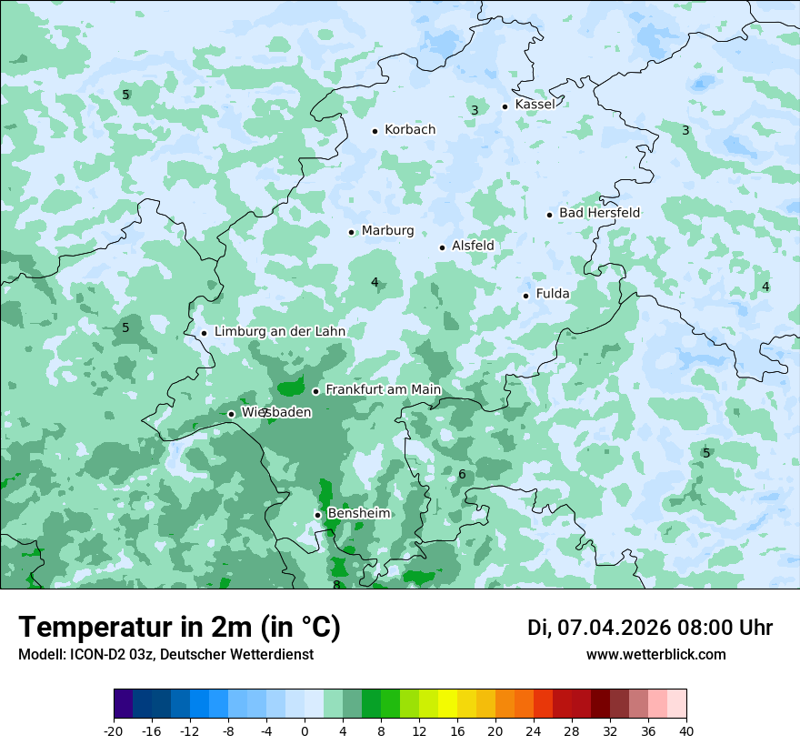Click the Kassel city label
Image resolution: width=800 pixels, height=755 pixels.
(x=535, y=105)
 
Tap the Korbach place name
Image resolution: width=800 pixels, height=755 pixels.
(x=410, y=130)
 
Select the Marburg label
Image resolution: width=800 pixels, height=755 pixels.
(x=387, y=231)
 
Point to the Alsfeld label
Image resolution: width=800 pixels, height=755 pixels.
(x=473, y=246)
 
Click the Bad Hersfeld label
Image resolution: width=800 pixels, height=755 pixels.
(x=599, y=213)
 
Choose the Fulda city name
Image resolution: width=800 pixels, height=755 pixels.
(x=553, y=294)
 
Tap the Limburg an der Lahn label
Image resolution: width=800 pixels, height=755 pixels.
(x=280, y=332)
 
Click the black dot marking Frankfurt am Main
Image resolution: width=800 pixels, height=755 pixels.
(x=315, y=391)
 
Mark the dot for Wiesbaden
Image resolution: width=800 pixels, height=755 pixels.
(x=231, y=414)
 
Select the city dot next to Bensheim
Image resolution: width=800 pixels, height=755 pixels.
(x=317, y=515)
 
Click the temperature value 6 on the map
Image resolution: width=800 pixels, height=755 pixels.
(x=462, y=475)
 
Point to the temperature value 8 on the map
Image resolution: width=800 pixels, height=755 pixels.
(x=335, y=585)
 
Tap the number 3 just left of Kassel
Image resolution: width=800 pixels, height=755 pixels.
(x=475, y=110)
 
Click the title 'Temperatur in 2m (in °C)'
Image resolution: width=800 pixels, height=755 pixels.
(x=179, y=628)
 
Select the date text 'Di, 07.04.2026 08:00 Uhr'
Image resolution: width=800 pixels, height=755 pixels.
(x=650, y=628)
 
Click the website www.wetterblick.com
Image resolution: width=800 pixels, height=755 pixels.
(x=655, y=655)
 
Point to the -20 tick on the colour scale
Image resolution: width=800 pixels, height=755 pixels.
(x=114, y=731)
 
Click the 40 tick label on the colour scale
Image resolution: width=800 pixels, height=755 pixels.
(x=686, y=731)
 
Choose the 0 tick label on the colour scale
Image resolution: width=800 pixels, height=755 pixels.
(x=305, y=731)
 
